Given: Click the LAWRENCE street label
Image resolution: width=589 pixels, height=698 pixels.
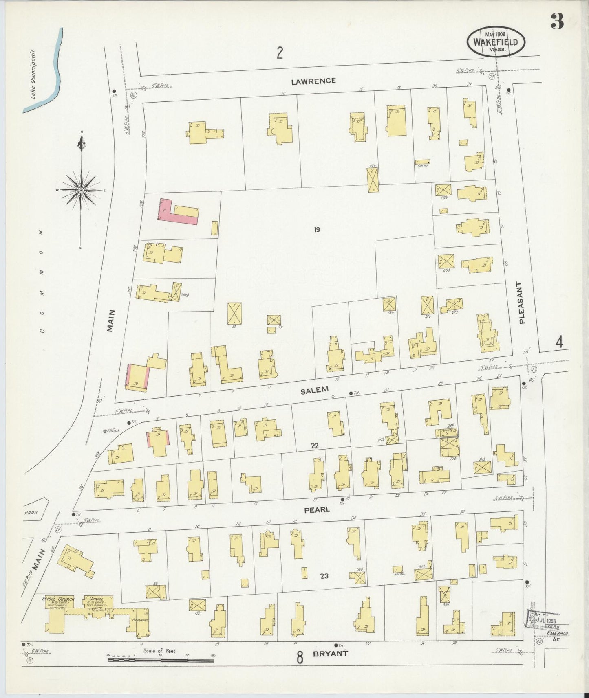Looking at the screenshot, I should (x=313, y=81).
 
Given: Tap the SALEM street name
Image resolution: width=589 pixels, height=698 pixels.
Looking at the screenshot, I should (x=314, y=390).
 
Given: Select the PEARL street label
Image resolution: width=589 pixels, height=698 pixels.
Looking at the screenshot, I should (x=317, y=509).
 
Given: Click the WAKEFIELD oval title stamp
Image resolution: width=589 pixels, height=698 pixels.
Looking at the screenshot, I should (x=496, y=42).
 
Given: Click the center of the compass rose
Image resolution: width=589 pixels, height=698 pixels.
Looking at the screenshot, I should (x=82, y=190).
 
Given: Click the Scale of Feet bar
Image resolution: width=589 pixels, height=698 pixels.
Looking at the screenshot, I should (x=161, y=658).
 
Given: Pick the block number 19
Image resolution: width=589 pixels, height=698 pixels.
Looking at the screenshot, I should (x=317, y=230).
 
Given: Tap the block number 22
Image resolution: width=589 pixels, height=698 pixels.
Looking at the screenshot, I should (x=314, y=446).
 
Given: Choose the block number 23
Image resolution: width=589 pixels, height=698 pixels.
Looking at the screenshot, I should (x=324, y=576).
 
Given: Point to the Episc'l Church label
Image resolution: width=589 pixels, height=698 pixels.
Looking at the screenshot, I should (x=58, y=599).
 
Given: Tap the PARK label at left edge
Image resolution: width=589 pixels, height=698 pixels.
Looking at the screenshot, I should (x=30, y=512).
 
